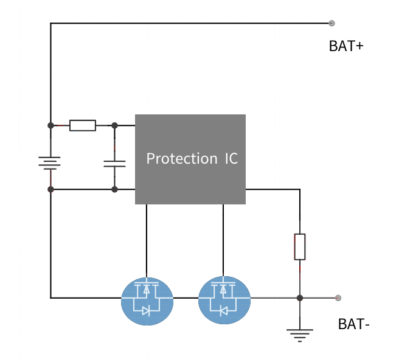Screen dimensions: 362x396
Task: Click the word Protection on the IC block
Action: pyautogui.click(x=181, y=159)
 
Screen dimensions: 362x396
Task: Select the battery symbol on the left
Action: pyautogui.click(x=50, y=163)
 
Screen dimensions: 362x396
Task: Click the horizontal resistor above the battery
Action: pyautogui.click(x=82, y=125)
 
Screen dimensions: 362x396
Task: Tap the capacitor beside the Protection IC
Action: pyautogui.click(x=114, y=163)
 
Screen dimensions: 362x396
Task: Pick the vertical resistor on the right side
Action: pyautogui.click(x=299, y=246)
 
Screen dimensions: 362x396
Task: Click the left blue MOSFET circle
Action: pyautogui.click(x=147, y=301)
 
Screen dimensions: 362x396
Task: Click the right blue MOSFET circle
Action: pyautogui.click(x=224, y=301)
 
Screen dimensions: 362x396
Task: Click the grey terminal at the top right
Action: pyautogui.click(x=332, y=24)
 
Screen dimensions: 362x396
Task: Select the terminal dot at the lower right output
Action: pyautogui.click(x=338, y=298)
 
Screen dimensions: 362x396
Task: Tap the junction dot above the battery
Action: pyautogui.click(x=50, y=125)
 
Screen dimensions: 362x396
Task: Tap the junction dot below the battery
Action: pyautogui.click(x=50, y=190)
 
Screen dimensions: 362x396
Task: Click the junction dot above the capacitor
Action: pyautogui.click(x=114, y=125)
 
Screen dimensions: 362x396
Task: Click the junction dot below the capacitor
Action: pyautogui.click(x=114, y=190)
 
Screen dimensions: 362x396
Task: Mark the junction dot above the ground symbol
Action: pyautogui.click(x=299, y=298)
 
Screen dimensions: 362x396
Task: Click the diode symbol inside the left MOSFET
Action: pyautogui.click(x=147, y=310)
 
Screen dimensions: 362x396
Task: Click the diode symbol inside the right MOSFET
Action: pyautogui.click(x=224, y=310)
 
